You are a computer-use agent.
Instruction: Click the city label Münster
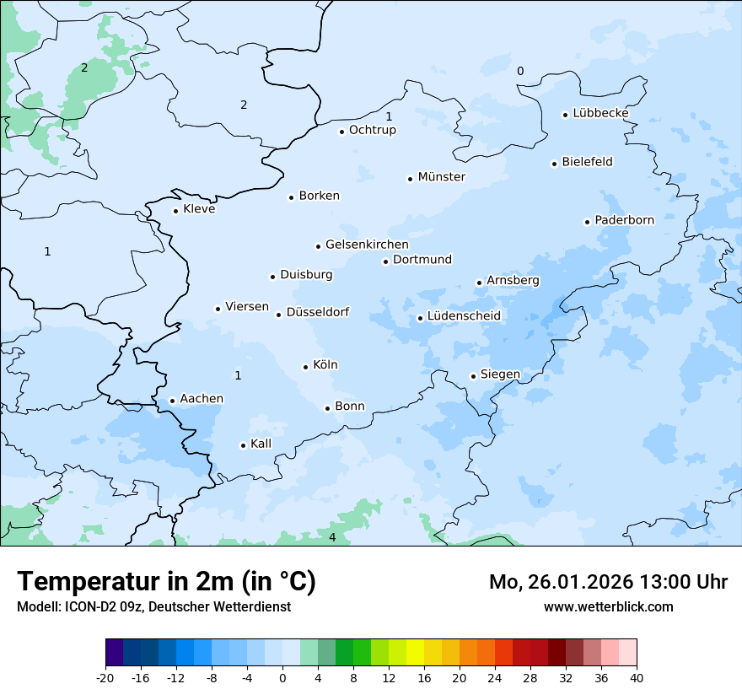(x=441, y=177)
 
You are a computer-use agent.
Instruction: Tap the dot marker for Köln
(x=306, y=367)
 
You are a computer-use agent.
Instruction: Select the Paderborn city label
(x=624, y=220)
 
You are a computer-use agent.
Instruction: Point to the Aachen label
(x=202, y=399)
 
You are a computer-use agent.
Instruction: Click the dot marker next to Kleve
(x=175, y=211)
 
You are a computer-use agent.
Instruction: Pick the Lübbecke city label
(x=600, y=113)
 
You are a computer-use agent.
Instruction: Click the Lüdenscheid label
(x=464, y=316)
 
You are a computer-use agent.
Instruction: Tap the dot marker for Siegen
(x=474, y=376)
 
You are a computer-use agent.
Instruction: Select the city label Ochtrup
(x=372, y=130)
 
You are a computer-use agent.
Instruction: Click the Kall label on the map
(x=261, y=444)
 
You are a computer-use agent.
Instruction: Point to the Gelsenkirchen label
(x=367, y=245)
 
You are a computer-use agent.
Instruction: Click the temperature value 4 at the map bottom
(x=332, y=537)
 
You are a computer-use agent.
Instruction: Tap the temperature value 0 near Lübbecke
(x=520, y=71)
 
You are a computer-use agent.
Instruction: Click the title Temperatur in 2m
(x=166, y=582)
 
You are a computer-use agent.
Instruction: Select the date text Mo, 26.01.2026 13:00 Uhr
(x=608, y=582)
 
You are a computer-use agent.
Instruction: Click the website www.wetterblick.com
(x=608, y=606)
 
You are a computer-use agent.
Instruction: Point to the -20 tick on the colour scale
(x=105, y=677)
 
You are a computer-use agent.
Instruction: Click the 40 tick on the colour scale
(x=637, y=677)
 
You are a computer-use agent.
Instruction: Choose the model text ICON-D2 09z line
(x=153, y=606)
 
